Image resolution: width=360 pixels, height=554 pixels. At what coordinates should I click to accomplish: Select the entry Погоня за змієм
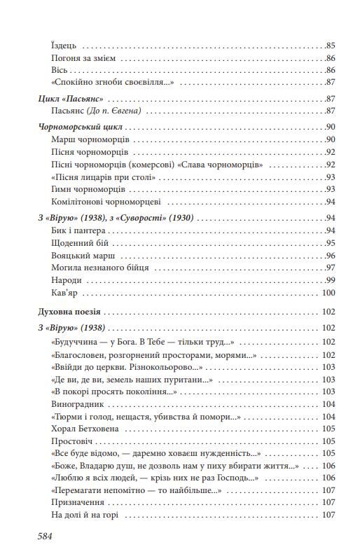83,58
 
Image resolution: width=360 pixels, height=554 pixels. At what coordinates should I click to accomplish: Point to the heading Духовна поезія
69,310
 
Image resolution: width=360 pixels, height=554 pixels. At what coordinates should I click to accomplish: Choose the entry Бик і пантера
78,230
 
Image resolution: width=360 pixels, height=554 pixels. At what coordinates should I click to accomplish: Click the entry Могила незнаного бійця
100,268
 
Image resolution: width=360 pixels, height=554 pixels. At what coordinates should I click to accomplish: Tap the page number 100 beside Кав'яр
328,293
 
